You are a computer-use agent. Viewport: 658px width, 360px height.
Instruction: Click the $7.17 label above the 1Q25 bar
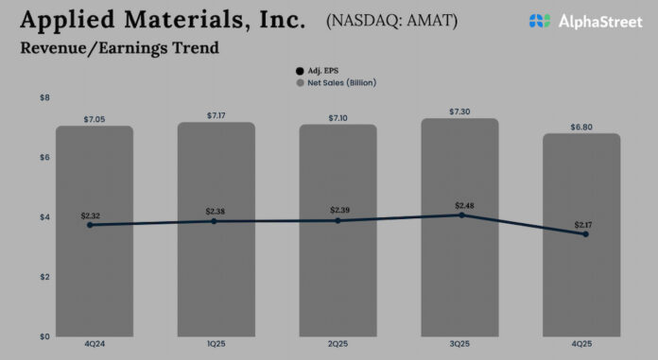(216, 115)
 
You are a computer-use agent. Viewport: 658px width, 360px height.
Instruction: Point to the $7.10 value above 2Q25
(338, 117)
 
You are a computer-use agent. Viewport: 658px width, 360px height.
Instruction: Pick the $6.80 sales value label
(581, 127)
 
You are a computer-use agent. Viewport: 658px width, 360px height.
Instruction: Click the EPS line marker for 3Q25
(461, 215)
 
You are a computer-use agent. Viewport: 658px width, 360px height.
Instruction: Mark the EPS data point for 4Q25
(585, 234)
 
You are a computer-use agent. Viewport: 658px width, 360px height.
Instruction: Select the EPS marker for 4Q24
(90, 225)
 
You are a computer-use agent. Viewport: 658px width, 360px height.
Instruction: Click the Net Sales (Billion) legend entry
(335, 82)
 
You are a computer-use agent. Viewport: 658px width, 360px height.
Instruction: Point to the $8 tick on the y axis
(44, 98)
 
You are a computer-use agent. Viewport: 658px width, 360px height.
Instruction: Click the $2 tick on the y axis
(44, 277)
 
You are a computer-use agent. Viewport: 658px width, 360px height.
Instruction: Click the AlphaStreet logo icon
(539, 21)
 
